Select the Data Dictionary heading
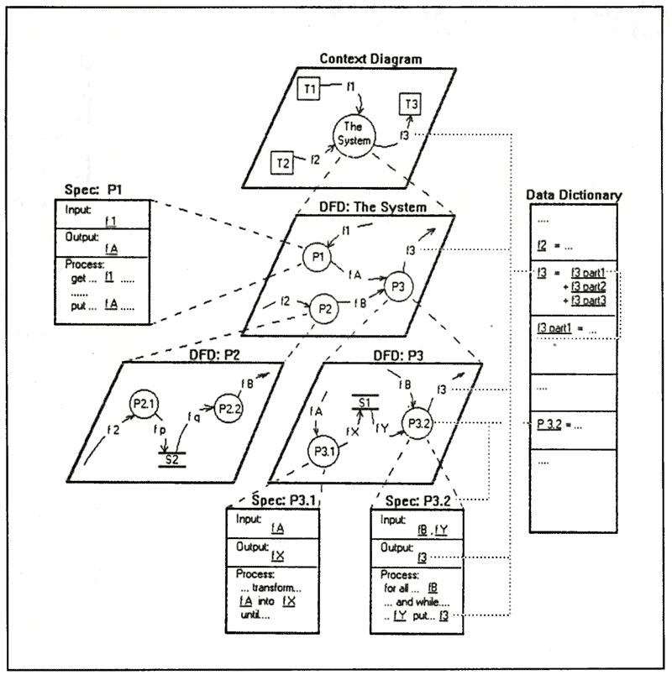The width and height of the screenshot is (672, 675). point(574,195)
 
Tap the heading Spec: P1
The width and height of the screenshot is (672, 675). point(92,191)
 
